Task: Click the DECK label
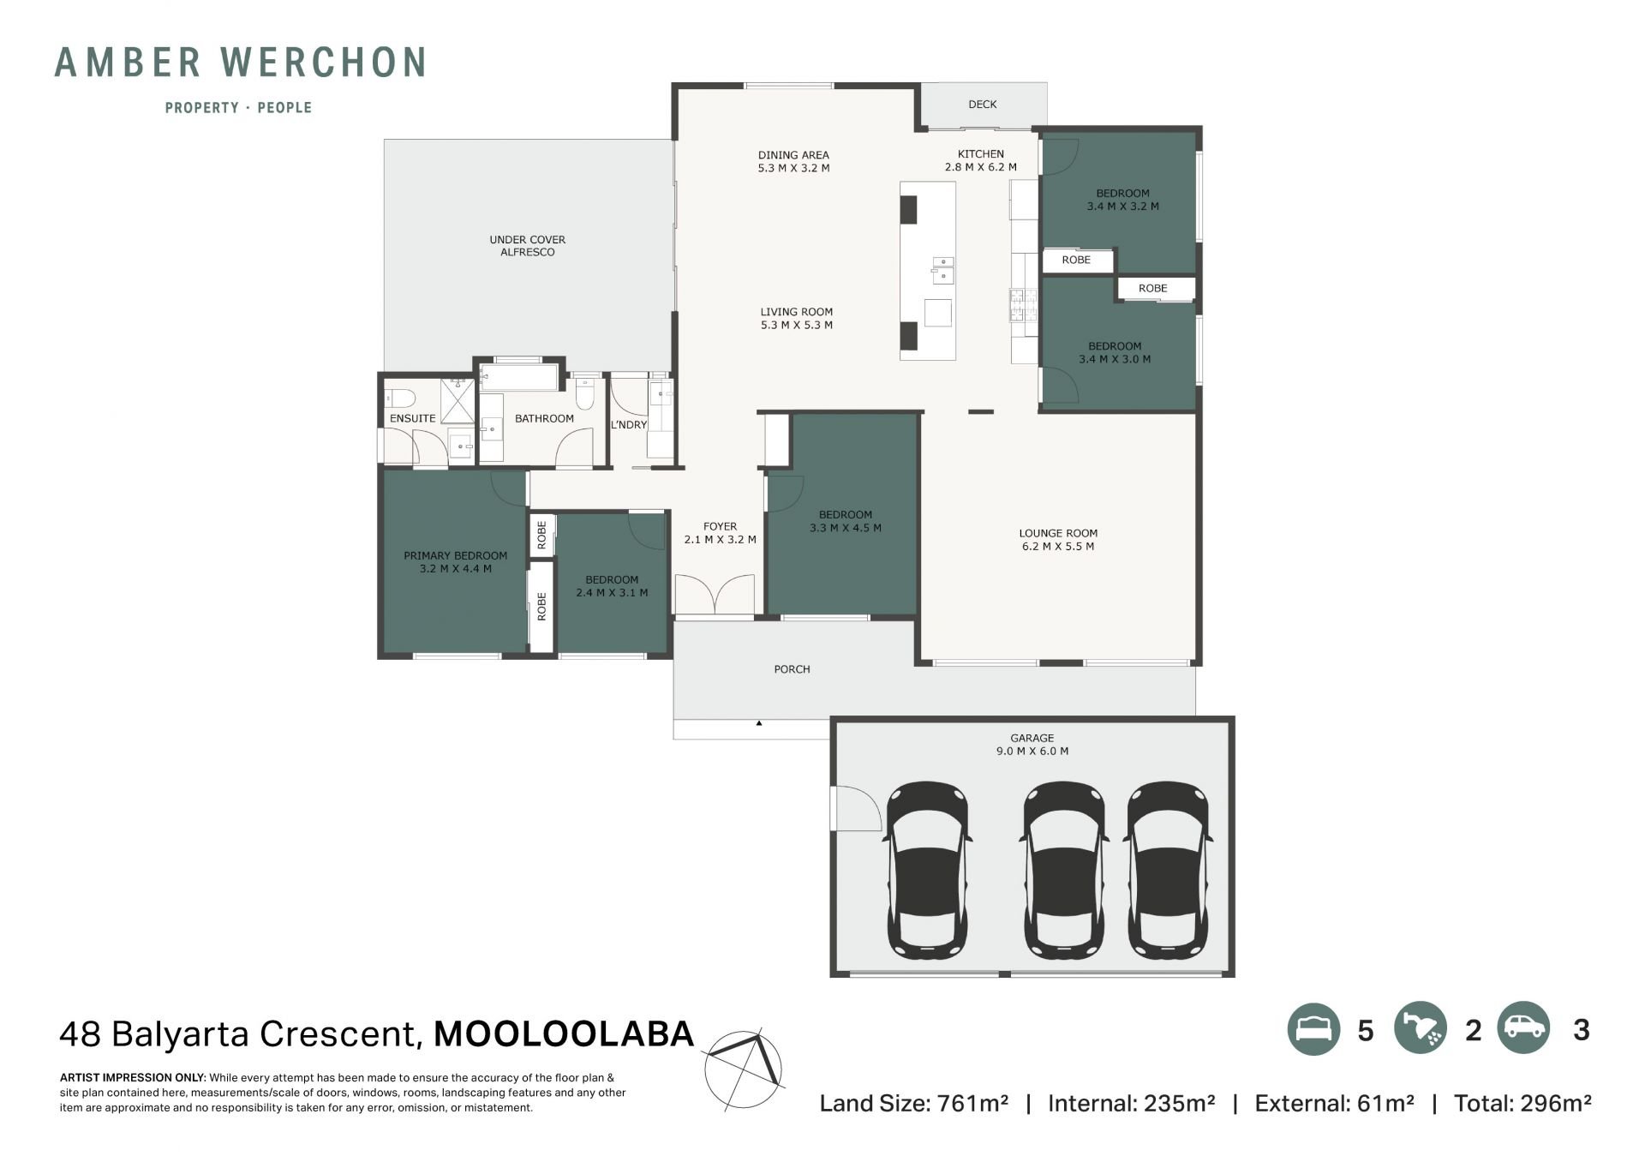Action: point(982,105)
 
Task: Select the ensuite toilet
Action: point(400,398)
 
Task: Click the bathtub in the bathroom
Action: point(519,376)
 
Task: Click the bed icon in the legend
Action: point(1313,1028)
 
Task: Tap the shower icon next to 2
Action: point(1421,1028)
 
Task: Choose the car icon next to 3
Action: point(1524,1028)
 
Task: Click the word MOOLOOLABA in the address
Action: point(564,1034)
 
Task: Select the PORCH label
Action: point(792,669)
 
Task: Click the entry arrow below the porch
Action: point(759,723)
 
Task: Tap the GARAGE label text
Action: point(1032,738)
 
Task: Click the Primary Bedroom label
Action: point(456,556)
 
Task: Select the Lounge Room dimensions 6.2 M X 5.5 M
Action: point(1058,547)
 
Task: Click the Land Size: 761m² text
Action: point(913,1104)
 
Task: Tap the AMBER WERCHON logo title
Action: point(241,63)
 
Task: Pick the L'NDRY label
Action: point(629,425)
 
